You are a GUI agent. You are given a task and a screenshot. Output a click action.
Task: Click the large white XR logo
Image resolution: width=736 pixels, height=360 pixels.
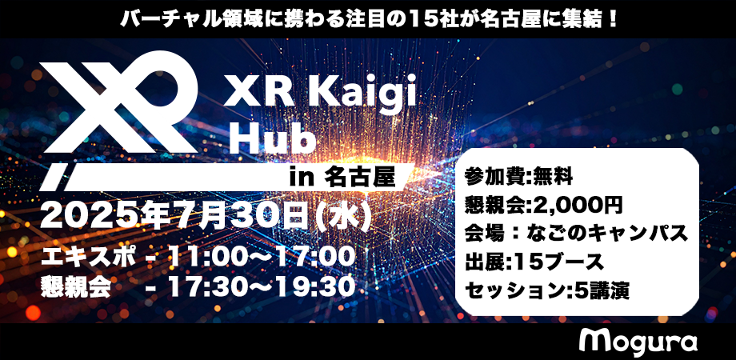(118, 118)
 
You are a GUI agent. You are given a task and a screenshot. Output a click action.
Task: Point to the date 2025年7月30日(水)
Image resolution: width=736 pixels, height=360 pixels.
(206, 217)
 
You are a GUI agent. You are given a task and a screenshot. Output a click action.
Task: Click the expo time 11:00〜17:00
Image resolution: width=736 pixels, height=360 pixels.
(260, 257)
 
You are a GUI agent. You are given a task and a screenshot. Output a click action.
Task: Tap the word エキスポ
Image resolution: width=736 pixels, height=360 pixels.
(88, 258)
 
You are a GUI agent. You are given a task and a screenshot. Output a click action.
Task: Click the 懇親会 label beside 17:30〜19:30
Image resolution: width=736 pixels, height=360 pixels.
(75, 286)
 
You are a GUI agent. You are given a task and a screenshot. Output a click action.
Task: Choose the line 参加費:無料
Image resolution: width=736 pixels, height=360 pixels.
(518, 177)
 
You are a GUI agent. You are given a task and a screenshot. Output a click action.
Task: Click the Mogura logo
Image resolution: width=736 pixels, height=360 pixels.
(638, 342)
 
